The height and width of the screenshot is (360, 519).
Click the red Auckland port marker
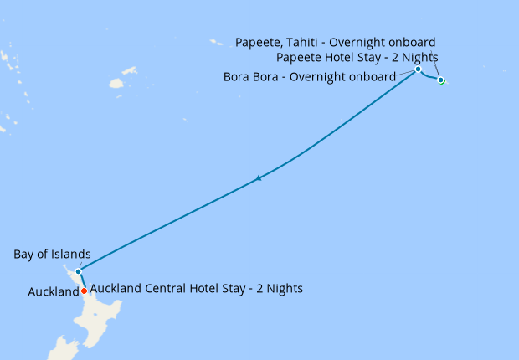click(84, 291)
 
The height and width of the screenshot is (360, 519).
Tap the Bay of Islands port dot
click(78, 271)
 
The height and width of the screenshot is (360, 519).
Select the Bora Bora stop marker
click(418, 69)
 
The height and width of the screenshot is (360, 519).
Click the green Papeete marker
click(440, 80)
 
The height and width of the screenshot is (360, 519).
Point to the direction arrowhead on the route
click(260, 177)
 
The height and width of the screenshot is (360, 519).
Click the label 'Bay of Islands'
click(52, 255)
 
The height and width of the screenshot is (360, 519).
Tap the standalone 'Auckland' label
click(53, 292)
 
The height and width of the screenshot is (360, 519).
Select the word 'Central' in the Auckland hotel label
click(172, 288)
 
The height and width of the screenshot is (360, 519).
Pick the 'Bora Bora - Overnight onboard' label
click(310, 77)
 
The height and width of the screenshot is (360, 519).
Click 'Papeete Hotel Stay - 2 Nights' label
click(357, 58)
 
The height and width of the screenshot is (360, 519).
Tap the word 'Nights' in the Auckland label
click(284, 288)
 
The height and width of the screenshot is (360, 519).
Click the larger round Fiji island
click(116, 84)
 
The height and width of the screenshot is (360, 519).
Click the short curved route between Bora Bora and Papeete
click(428, 78)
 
